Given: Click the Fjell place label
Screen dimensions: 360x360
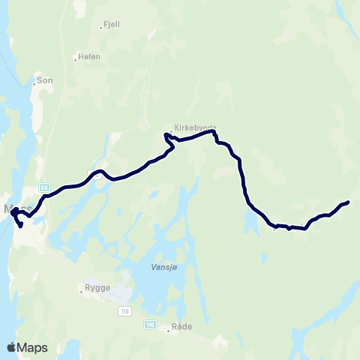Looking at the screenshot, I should [x=111, y=24].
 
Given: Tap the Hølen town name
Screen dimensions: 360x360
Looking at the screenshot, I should [x=90, y=56].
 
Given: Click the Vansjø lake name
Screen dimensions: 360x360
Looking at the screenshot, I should [x=152, y=265].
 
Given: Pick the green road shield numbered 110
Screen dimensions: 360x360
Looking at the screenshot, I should [x=151, y=324].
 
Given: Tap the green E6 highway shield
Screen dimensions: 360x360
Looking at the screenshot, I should [x=45, y=187].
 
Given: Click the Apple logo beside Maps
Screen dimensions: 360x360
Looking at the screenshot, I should [x=11, y=346].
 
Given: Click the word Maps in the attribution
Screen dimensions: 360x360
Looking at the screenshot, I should [x=33, y=346].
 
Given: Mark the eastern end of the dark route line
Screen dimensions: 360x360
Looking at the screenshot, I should [x=349, y=202].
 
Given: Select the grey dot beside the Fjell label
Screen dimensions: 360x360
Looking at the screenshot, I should [x=100, y=27].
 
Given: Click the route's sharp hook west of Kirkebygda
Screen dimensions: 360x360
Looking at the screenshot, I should [x=166, y=136].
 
